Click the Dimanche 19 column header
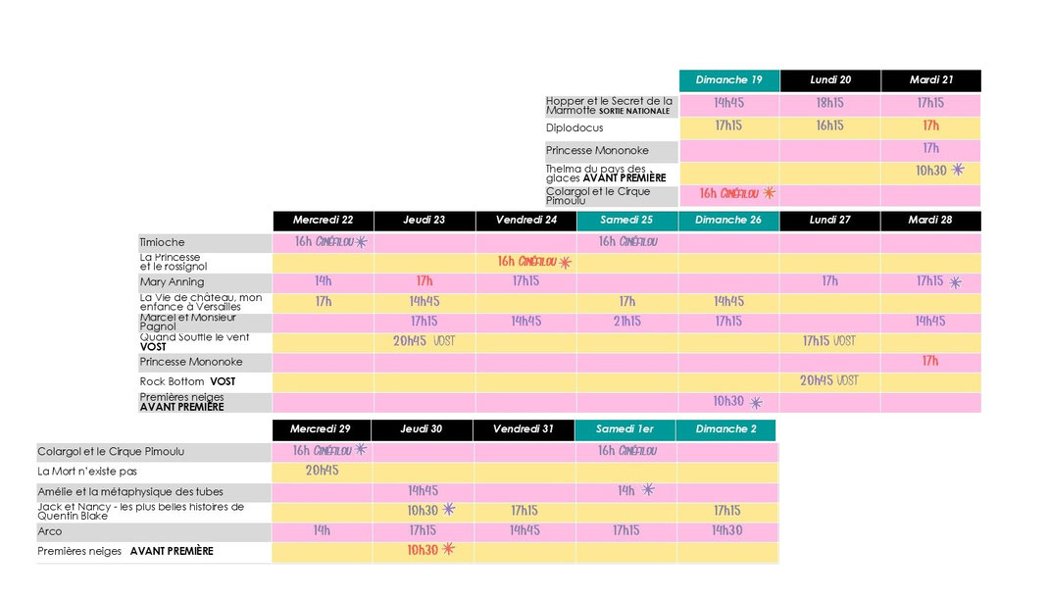728,80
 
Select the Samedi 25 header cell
626,221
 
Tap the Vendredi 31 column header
524,429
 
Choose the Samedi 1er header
624,429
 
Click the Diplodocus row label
575,127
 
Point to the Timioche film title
163,242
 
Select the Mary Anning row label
173,282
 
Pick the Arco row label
50,531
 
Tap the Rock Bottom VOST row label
187,381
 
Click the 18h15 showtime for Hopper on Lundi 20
829,103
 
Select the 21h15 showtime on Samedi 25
626,322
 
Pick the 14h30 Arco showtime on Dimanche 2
727,530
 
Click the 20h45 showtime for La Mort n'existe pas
322,471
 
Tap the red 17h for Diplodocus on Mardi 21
930,125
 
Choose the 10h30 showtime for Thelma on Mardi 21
931,171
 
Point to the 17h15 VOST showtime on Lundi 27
828,341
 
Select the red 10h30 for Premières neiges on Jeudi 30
423,551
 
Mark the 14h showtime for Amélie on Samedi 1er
626,491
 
